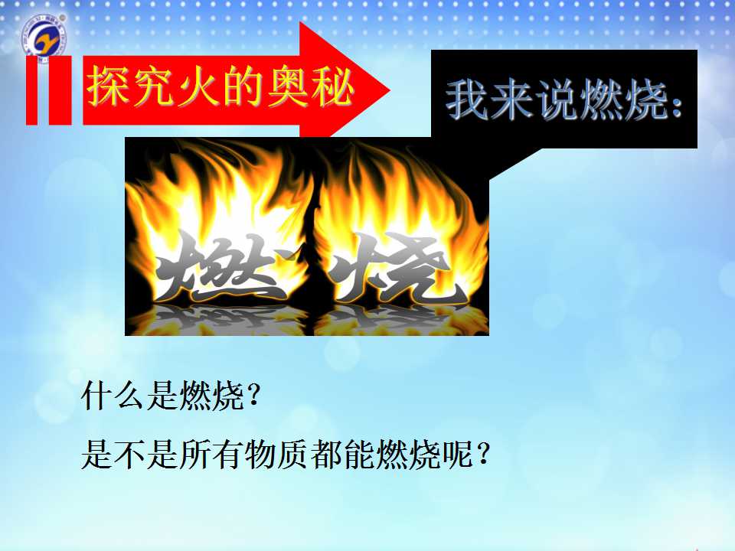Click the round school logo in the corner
point(45,37)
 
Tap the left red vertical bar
point(31,90)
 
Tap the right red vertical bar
point(60,90)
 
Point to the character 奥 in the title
point(286,86)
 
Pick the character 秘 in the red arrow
point(332,86)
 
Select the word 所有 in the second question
point(211,454)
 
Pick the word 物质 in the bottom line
point(276,454)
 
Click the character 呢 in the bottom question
point(457,454)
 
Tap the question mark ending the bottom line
point(483,454)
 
